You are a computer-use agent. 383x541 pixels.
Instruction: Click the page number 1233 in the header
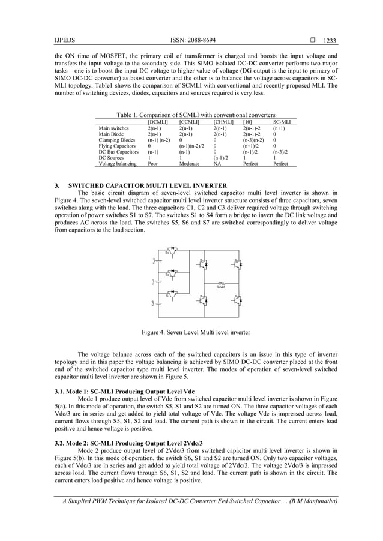pyautogui.click(x=328, y=41)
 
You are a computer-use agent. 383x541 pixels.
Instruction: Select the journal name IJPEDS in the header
pyautogui.click(x=63, y=40)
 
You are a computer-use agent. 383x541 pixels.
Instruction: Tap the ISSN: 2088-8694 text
pyautogui.click(x=194, y=40)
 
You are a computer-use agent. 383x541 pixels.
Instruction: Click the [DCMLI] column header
pyautogui.click(x=158, y=122)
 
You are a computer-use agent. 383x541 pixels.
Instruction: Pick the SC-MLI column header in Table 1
pyautogui.click(x=282, y=122)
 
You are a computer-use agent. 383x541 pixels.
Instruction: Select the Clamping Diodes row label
pyautogui.click(x=117, y=140)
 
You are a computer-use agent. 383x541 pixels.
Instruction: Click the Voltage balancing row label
pyautogui.click(x=118, y=163)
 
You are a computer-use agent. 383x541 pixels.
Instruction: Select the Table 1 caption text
pyautogui.click(x=196, y=115)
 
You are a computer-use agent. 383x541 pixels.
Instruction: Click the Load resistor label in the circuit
pyautogui.click(x=221, y=288)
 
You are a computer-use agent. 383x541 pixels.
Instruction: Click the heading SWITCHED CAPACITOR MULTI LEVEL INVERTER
pyautogui.click(x=148, y=185)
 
